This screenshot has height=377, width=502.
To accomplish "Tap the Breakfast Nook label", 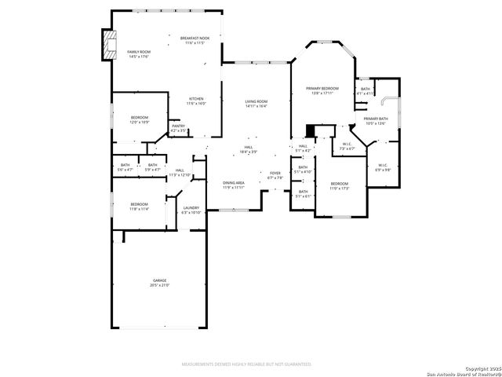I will [195, 38].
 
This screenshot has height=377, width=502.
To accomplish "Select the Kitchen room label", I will [195, 99].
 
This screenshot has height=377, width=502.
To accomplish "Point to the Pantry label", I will [179, 126].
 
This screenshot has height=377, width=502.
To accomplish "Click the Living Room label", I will [256, 101].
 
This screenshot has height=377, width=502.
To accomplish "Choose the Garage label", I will [160, 280].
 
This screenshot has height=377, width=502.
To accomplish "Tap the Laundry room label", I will [191, 208].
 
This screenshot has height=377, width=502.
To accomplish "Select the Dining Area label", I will [234, 182].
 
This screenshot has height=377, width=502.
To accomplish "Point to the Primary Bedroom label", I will [322, 89].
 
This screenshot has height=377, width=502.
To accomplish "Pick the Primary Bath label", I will [376, 119].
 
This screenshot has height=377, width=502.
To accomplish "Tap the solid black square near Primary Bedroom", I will [311, 130].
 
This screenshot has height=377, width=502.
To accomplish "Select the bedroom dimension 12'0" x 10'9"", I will [139, 123].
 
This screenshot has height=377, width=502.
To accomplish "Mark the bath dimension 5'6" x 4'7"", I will [125, 170].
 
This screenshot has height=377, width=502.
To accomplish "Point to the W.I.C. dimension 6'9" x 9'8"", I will [382, 170].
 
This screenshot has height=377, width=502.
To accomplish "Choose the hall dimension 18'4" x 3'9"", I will [248, 152].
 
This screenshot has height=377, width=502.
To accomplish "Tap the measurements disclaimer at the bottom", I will [246, 364].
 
